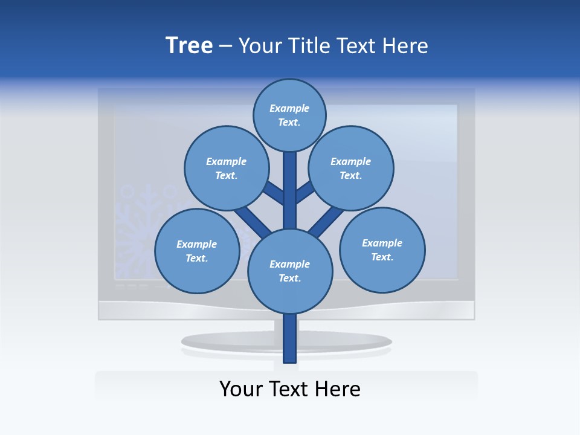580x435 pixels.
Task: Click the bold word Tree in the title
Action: click(x=189, y=46)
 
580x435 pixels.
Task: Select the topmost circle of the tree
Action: click(x=289, y=115)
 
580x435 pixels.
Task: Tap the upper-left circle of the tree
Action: click(x=226, y=168)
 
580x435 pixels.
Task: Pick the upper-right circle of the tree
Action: click(x=351, y=168)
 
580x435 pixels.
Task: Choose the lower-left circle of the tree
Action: click(x=197, y=251)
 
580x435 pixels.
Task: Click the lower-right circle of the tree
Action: click(x=382, y=250)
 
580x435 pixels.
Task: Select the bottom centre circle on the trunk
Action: click(x=290, y=271)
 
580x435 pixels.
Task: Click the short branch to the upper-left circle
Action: click(x=274, y=193)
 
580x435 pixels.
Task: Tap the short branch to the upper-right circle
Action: click(x=305, y=192)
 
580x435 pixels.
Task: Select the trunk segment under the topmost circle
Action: click(x=290, y=181)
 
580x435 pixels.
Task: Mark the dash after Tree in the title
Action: click(x=225, y=46)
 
